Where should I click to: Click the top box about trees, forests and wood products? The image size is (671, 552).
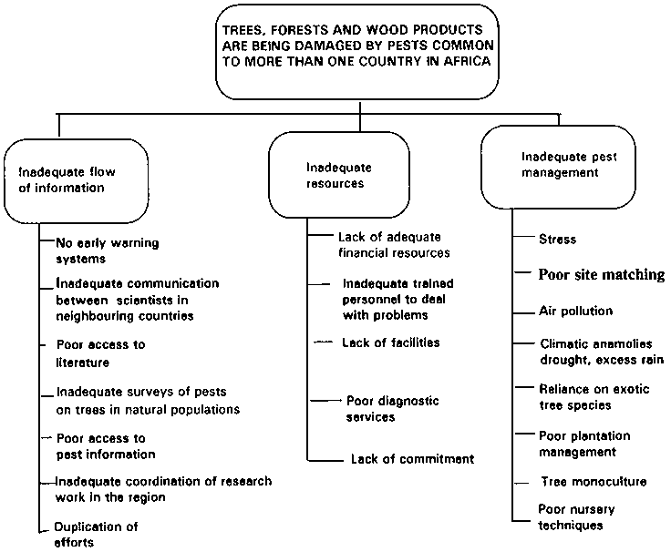[x=360, y=49]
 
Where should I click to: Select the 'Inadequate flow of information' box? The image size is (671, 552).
[x=60, y=179]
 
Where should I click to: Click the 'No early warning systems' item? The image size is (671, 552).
[x=95, y=250]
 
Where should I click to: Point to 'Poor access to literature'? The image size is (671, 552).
[x=100, y=353]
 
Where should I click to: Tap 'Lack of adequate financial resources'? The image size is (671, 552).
[x=394, y=244]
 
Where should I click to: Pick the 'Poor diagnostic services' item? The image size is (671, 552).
[x=392, y=409]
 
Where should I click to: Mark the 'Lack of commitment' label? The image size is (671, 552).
[x=412, y=458]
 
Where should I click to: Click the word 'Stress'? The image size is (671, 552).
[x=558, y=240]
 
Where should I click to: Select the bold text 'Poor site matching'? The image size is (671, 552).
[x=601, y=275]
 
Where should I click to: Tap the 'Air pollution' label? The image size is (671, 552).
[x=575, y=312]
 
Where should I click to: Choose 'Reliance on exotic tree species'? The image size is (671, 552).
[x=594, y=396]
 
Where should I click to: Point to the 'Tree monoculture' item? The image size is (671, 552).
[x=594, y=481]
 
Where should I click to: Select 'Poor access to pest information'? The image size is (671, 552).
[x=106, y=445]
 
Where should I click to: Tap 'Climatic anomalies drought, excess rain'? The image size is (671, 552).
[x=601, y=353]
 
